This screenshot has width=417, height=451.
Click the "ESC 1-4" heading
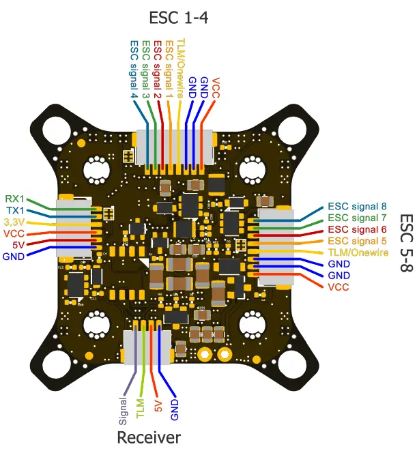[x=178, y=16]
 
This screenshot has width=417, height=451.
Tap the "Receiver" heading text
[x=148, y=437]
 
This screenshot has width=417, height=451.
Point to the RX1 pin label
[x=15, y=199]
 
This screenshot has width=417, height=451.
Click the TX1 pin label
[x=15, y=210]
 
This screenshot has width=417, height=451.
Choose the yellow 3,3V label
[x=14, y=222]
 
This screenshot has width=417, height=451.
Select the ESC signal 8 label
[x=356, y=205]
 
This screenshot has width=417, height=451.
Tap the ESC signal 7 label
[x=356, y=217]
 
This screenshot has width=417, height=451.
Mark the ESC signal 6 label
[x=356, y=229]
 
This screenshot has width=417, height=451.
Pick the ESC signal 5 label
[x=356, y=240]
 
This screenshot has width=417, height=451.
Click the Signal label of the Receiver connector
[x=124, y=407]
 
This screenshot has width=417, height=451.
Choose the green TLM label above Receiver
[x=140, y=407]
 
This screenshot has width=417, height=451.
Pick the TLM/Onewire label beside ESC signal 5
[x=358, y=252]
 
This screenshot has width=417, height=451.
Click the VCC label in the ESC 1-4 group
[x=216, y=89]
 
